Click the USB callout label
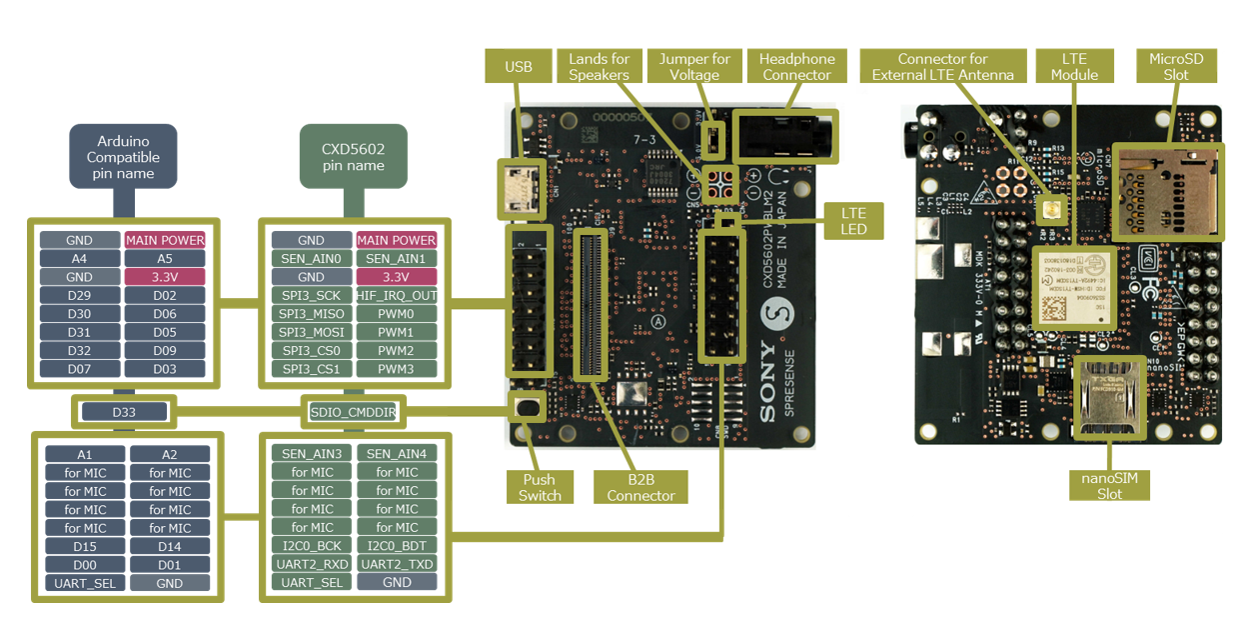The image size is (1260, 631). pos(519,66)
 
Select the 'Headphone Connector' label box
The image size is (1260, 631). pos(796,66)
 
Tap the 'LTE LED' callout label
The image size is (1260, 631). pos(853,221)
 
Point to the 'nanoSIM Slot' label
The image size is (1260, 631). pos(1109,485)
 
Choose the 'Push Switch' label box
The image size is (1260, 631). pos(540,486)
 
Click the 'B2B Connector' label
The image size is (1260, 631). pos(640,486)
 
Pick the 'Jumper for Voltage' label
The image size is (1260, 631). pos(694,66)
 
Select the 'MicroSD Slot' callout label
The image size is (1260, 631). pos(1176,66)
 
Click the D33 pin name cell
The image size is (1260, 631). pos(124,411)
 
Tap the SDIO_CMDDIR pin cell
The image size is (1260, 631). pos(354,411)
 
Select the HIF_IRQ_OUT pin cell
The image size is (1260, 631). pos(397,296)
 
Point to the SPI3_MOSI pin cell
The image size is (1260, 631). pos(311,332)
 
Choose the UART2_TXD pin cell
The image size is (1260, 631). pos(397,564)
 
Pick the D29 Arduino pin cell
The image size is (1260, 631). pos(79,296)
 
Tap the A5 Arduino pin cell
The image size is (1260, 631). pos(165,259)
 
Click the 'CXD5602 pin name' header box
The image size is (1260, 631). pos(353,156)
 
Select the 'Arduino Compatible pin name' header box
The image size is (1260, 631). pos(123,156)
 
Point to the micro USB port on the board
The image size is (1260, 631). pos(521,188)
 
